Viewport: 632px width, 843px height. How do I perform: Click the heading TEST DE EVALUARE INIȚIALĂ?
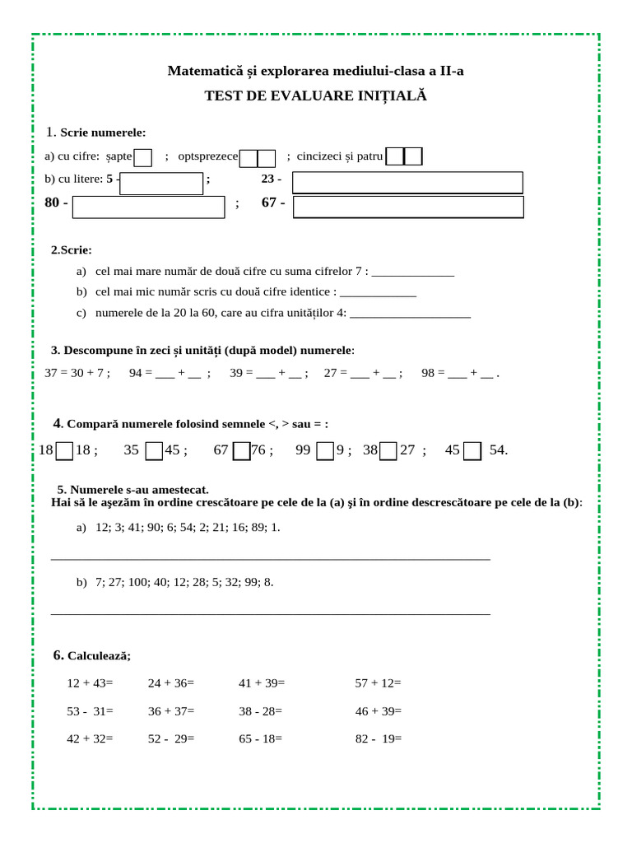(x=316, y=96)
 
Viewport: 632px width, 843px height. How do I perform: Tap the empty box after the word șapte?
(x=143, y=157)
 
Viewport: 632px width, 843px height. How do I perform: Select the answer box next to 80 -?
(x=148, y=207)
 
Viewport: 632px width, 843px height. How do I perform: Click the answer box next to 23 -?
(x=407, y=182)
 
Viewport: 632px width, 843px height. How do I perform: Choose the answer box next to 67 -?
(x=407, y=207)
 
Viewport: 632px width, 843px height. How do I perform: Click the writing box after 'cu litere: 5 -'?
(x=161, y=183)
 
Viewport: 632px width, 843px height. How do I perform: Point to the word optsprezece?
(x=208, y=156)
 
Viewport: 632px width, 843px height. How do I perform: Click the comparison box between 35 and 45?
(x=154, y=451)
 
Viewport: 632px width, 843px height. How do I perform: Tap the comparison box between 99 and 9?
(x=325, y=451)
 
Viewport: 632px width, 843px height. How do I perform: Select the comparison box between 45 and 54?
(x=472, y=451)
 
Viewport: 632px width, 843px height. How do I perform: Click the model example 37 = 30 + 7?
(x=77, y=373)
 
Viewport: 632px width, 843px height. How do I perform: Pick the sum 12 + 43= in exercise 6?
(x=90, y=683)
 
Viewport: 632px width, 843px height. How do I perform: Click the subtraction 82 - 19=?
(x=379, y=739)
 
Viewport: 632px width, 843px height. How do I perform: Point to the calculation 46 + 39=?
(x=379, y=711)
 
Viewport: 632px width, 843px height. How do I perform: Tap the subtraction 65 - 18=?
(x=261, y=739)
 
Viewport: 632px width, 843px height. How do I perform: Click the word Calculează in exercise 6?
(x=99, y=656)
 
